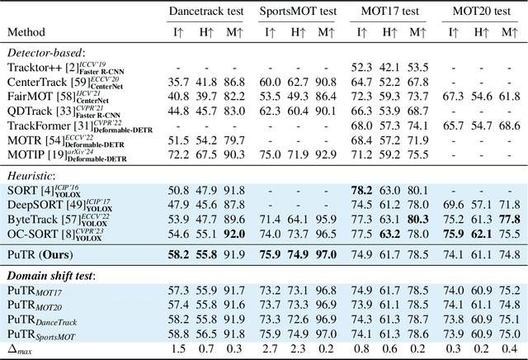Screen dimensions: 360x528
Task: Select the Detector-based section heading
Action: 42,51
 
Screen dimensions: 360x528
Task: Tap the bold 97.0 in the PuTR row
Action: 325,256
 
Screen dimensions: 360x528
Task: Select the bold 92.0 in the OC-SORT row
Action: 235,235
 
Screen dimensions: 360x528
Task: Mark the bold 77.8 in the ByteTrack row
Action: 508,220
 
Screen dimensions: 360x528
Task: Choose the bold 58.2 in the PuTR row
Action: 179,256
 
